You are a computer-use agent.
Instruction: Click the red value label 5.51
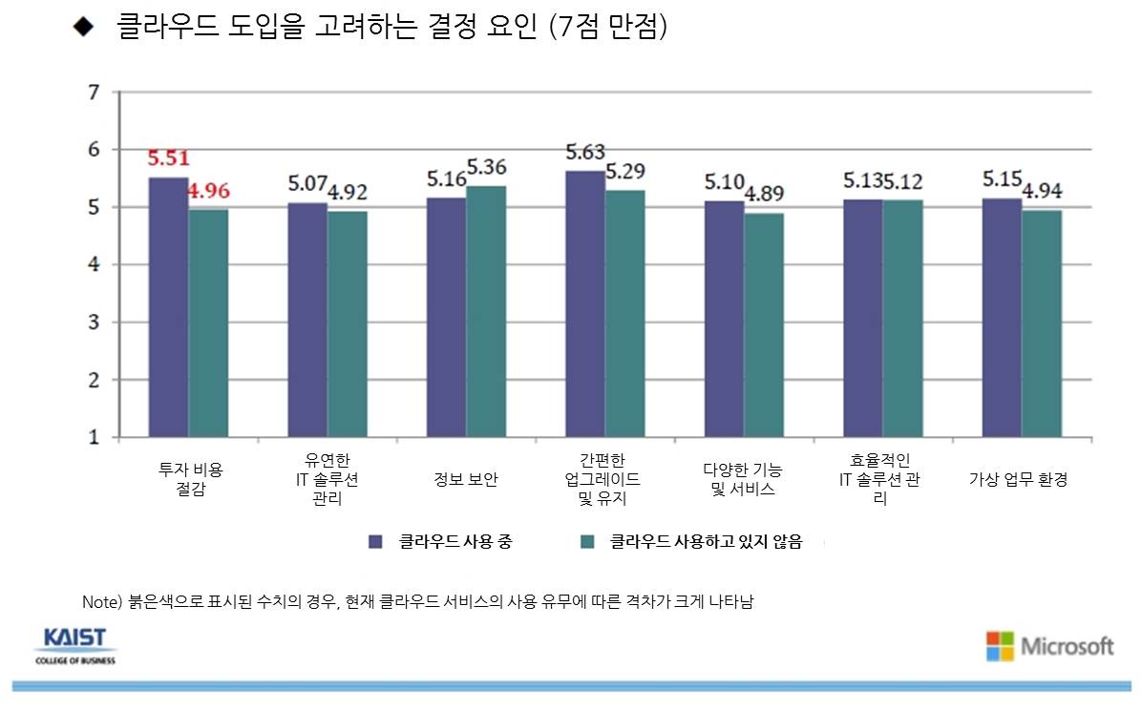pyautogui.click(x=168, y=158)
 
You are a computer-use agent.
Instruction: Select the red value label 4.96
pyautogui.click(x=209, y=190)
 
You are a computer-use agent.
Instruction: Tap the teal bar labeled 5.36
pyautogui.click(x=486, y=311)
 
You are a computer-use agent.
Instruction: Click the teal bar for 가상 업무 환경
pyautogui.click(x=1042, y=324)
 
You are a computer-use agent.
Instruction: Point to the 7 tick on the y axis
pyautogui.click(x=93, y=93)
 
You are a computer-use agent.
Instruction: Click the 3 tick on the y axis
pyautogui.click(x=93, y=323)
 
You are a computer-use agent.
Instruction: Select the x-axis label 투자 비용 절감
pyautogui.click(x=189, y=479)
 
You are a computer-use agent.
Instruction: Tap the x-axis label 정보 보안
pyautogui.click(x=466, y=480)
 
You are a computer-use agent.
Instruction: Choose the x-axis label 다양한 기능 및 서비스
pyautogui.click(x=744, y=479)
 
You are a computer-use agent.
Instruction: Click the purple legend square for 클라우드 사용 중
pyautogui.click(x=376, y=542)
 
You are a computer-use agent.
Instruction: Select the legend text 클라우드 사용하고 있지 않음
pyautogui.click(x=706, y=542)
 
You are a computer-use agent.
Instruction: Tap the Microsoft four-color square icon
pyautogui.click(x=1000, y=646)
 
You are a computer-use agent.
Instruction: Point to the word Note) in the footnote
pyautogui.click(x=98, y=602)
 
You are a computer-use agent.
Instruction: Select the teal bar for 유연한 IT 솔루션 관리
pyautogui.click(x=348, y=324)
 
